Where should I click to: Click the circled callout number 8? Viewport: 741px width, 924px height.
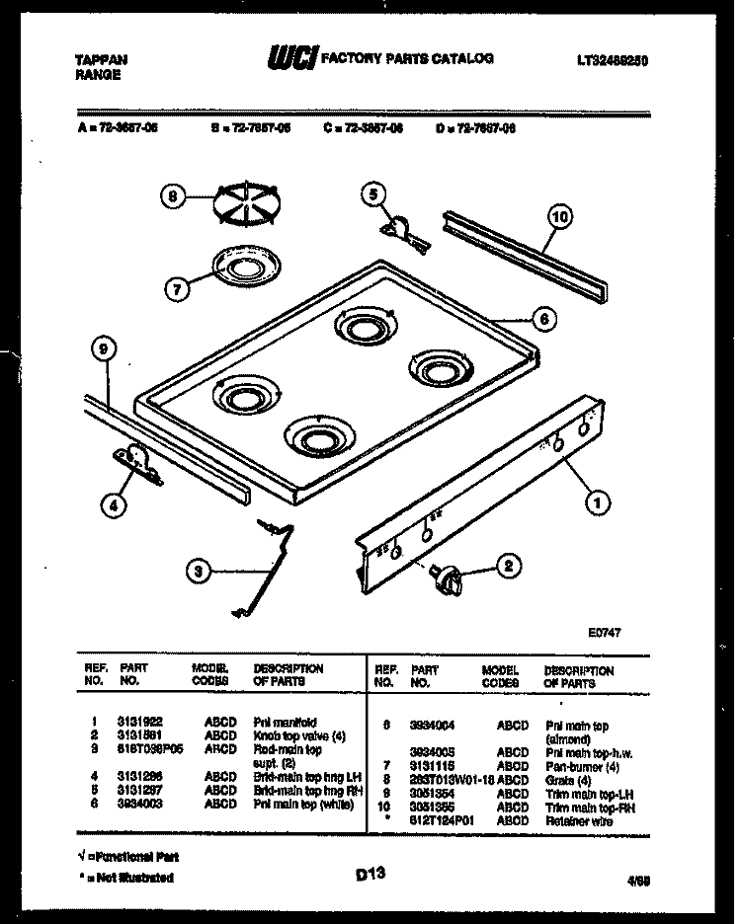173,196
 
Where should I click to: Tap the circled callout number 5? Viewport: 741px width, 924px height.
372,194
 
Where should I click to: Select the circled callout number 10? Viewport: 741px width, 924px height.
560,217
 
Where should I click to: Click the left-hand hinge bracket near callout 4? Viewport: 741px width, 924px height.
135,463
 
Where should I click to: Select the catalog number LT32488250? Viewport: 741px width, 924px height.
613,60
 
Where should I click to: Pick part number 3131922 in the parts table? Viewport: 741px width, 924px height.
135,723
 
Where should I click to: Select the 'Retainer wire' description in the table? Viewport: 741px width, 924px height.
578,820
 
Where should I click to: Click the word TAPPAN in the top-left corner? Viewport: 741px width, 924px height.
102,59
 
